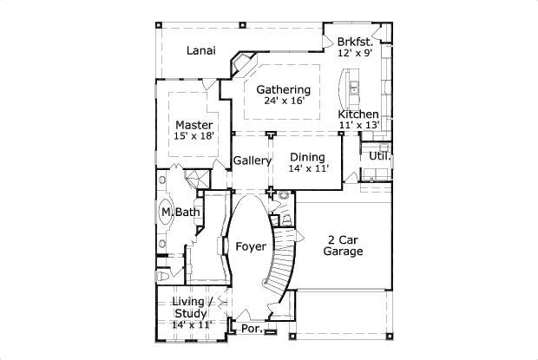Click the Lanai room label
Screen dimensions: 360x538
point(201,50)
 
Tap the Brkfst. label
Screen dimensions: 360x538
point(356,42)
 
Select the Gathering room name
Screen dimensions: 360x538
point(283,89)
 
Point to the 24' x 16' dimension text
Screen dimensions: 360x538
point(283,101)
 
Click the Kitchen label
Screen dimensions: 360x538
point(358,115)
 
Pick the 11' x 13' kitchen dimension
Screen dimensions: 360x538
point(358,126)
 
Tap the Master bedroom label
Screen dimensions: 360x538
point(194,125)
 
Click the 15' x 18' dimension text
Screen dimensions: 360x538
point(194,136)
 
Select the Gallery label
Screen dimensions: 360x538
point(252,160)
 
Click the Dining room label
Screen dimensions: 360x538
point(307,157)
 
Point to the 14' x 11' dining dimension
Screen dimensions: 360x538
point(308,168)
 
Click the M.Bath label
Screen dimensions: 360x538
point(177,212)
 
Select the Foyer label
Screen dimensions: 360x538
point(251,246)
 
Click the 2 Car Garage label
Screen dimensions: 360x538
point(343,245)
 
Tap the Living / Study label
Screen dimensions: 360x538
point(191,307)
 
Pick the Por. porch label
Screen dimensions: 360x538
point(252,330)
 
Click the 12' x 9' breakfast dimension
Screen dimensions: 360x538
point(356,53)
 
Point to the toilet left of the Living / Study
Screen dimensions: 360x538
point(164,276)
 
